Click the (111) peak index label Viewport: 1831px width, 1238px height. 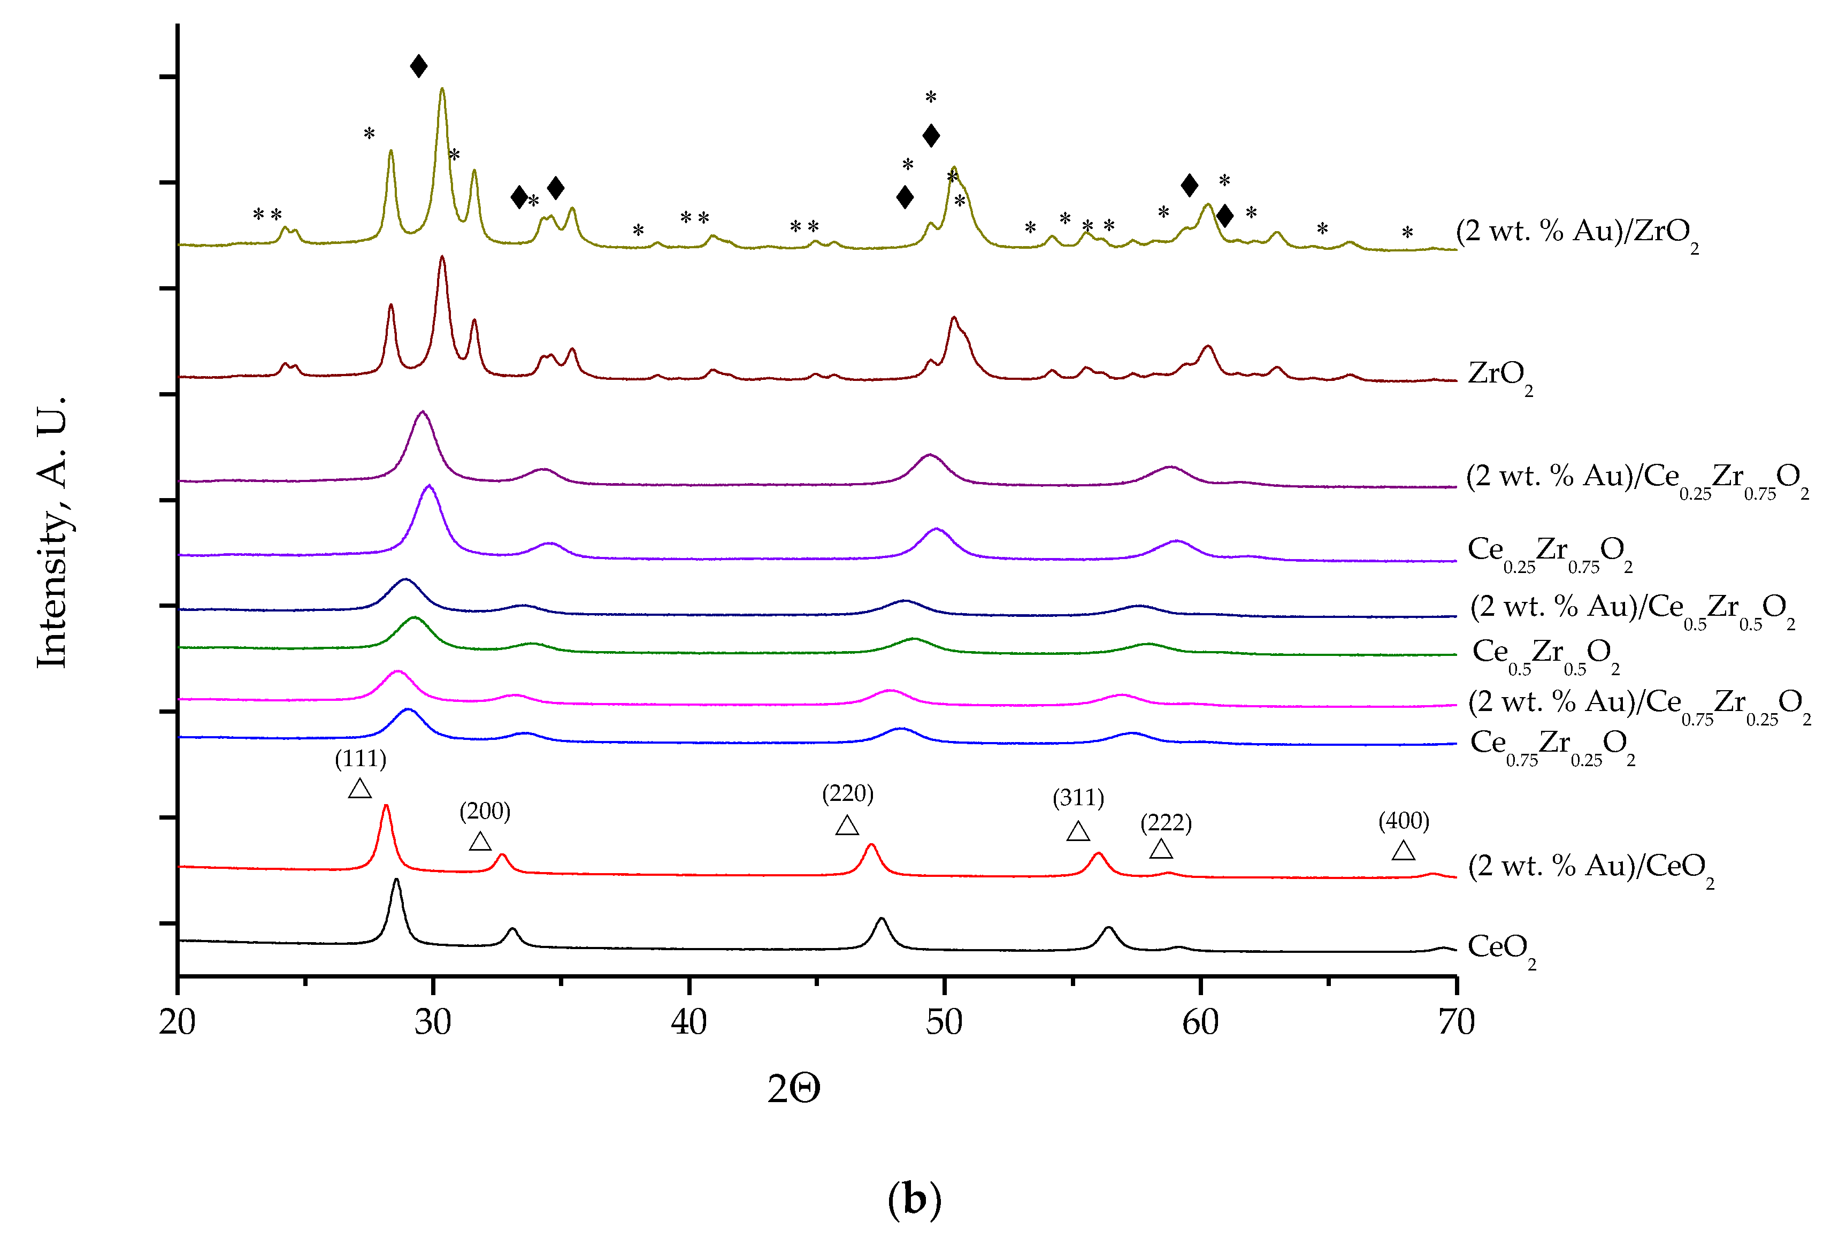(360, 759)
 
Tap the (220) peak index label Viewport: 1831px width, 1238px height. (848, 793)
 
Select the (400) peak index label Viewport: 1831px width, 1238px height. (1403, 821)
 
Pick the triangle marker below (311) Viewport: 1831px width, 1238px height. (1078, 831)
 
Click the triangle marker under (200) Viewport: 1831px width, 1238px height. (480, 842)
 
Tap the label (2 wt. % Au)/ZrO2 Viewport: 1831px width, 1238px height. (1576, 233)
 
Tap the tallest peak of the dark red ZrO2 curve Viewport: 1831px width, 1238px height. (442, 258)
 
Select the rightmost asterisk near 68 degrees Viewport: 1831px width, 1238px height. (1407, 233)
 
